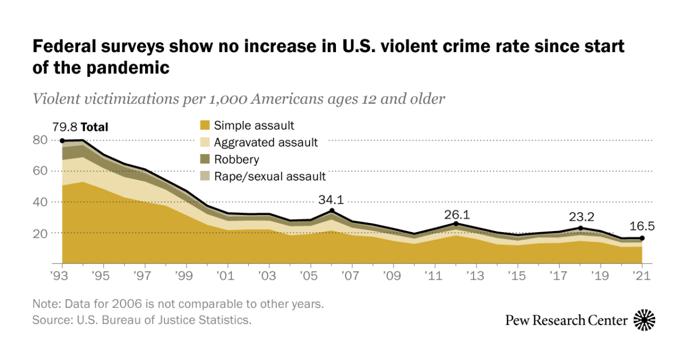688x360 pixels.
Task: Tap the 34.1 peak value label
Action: (333, 200)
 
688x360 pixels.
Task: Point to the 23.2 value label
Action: (581, 217)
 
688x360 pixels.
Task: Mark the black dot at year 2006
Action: (332, 211)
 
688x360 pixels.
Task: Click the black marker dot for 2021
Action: (643, 238)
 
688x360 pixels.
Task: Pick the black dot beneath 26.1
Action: (456, 224)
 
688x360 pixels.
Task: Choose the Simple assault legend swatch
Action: (204, 126)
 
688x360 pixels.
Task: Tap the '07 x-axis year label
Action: (352, 274)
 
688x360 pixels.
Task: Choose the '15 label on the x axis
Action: (518, 274)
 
